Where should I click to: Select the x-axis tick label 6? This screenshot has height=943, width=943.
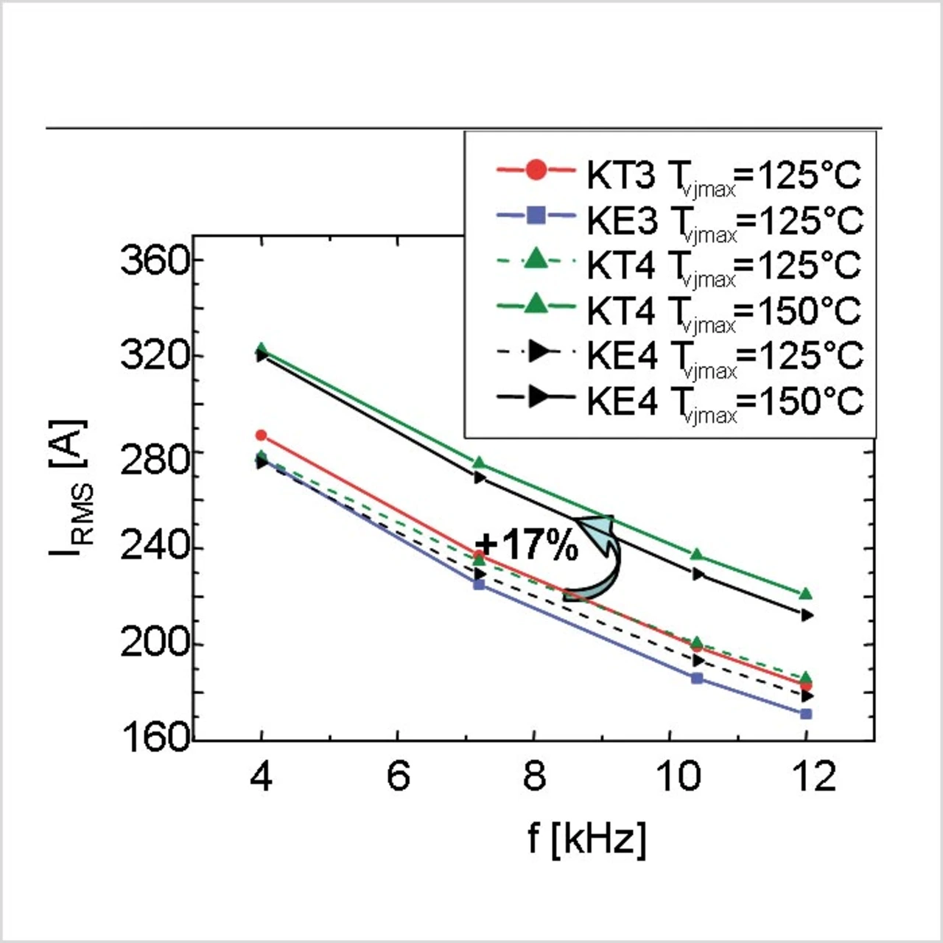398,777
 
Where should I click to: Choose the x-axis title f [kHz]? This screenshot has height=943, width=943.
587,838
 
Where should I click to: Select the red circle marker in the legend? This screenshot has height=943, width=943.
537,171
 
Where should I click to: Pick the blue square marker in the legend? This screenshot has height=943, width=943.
537,216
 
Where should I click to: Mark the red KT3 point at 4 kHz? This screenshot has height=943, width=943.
261,435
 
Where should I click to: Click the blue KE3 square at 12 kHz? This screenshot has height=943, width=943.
806,714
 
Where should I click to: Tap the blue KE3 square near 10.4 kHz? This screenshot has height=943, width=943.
697,679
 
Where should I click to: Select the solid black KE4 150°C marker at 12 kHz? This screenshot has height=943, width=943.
807,615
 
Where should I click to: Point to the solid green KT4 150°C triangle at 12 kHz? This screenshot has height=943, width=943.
806,594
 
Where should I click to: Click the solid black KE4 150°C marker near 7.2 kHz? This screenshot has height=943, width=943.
480,477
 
